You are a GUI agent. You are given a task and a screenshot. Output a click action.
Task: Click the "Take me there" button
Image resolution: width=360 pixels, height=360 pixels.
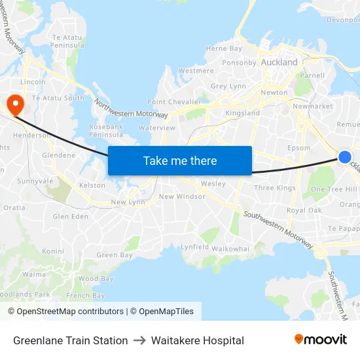(x=180, y=160)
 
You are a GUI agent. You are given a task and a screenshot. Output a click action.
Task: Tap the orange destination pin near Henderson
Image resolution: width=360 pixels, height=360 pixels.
(x=14, y=103)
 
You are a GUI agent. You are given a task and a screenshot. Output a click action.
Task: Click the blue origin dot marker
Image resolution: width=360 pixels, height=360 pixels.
(x=345, y=156)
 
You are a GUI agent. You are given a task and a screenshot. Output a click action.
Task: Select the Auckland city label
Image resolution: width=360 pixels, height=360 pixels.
(x=279, y=63)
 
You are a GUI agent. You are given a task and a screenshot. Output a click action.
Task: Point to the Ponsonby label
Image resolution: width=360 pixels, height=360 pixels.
(x=240, y=63)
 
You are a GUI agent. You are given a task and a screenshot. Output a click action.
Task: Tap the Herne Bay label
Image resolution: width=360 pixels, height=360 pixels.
(x=224, y=48)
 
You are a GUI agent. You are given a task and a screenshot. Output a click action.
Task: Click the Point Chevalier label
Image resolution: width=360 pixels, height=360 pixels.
(x=173, y=102)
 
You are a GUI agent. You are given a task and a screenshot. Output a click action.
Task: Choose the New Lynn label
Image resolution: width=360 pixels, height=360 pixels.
(x=128, y=202)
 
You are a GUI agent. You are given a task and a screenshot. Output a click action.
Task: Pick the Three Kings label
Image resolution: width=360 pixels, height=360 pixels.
(x=275, y=188)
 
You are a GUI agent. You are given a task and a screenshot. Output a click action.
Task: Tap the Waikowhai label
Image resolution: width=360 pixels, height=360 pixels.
(x=230, y=249)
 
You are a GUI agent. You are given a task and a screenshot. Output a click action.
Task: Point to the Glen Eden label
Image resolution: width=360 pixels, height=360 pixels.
(x=70, y=217)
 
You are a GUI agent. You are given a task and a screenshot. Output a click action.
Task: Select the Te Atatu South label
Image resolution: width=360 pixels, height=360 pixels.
(x=58, y=98)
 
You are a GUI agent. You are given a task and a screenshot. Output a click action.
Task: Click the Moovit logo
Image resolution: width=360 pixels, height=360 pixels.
(x=321, y=339)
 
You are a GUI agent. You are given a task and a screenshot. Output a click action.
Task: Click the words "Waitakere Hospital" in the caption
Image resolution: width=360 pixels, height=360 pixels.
(x=198, y=340)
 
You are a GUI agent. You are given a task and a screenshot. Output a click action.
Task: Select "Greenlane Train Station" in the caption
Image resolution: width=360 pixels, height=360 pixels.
(x=70, y=340)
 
